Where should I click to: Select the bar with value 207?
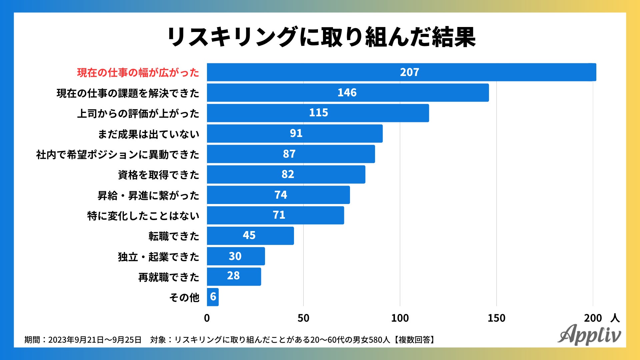pos(401,72)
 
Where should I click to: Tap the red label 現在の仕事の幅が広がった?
pos(138,73)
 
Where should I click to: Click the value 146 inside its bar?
pos(347,93)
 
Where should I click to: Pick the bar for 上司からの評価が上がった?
pos(318,113)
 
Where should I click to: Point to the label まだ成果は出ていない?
pos(148,134)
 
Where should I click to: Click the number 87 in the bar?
pos(289,154)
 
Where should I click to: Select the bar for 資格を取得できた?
pos(286,174)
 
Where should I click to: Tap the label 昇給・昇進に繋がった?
pos(148,195)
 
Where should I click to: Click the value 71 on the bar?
pos(279,215)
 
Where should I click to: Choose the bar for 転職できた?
pos(250,236)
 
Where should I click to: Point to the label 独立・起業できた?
pos(158,257)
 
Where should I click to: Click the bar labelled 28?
pos(234,276)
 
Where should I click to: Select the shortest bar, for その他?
pos(213,297)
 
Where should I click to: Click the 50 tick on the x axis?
pos(303,318)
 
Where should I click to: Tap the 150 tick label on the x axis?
pos(496,318)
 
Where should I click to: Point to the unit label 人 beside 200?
pos(615,318)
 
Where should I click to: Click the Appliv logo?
pos(589,335)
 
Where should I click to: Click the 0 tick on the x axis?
pos(207,318)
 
